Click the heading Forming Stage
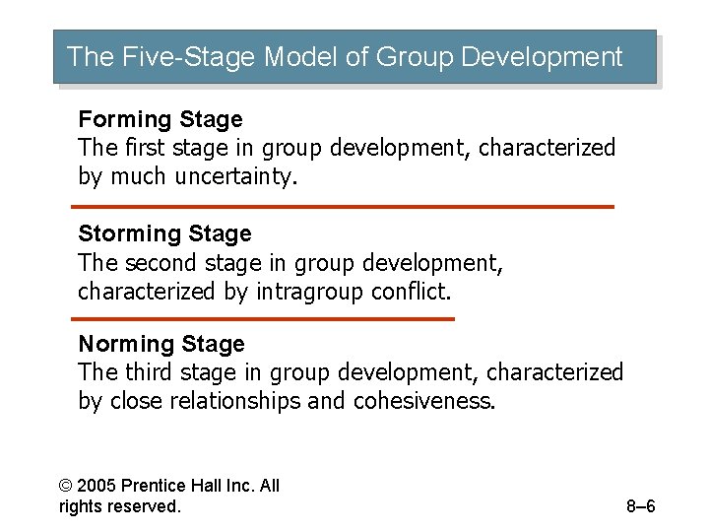pyautogui.click(x=160, y=119)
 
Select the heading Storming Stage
pyautogui.click(x=164, y=233)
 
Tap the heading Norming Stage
pyautogui.click(x=161, y=344)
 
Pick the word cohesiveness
pyautogui.click(x=424, y=401)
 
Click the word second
pyautogui.click(x=159, y=263)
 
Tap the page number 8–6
pyautogui.click(x=640, y=507)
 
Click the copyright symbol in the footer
pyautogui.click(x=66, y=486)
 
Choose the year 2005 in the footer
pyautogui.click(x=96, y=486)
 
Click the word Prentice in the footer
pyautogui.click(x=152, y=486)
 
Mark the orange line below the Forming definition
pyautogui.click(x=343, y=207)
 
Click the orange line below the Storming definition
pyautogui.click(x=263, y=319)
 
